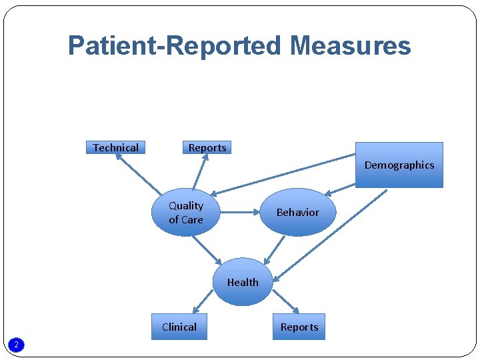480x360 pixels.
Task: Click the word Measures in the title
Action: [x=351, y=46]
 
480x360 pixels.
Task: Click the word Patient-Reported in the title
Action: [x=175, y=46]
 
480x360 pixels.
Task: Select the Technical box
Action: [x=116, y=147]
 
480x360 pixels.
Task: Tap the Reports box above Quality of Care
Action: [x=207, y=147]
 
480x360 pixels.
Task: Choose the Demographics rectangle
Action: [x=399, y=165]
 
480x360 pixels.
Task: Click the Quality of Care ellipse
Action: [x=186, y=213]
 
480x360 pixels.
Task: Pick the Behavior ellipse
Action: [x=297, y=212]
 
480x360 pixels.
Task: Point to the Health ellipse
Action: [x=243, y=282]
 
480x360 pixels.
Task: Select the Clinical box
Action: [x=179, y=327]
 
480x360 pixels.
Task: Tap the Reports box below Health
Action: [x=299, y=327]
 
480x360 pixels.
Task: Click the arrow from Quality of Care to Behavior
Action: [x=239, y=213]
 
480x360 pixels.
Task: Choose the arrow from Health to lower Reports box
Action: [x=285, y=301]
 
